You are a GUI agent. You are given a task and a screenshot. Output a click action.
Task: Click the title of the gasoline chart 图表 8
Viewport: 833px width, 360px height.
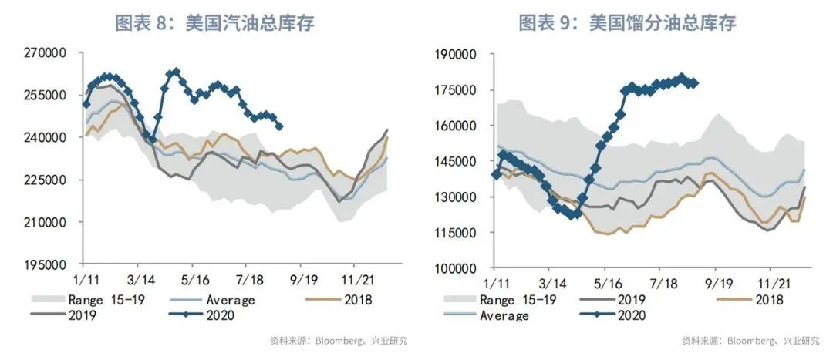(x=214, y=24)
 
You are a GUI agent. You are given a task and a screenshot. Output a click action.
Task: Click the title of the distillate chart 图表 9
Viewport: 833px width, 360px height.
(x=627, y=24)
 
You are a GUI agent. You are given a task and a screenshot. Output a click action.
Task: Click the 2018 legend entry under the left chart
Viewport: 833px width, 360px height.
(x=357, y=299)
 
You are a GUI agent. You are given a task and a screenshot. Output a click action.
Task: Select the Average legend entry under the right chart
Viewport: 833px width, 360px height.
(x=505, y=315)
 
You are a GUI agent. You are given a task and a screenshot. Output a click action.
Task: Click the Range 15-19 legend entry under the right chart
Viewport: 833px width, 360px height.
(x=517, y=300)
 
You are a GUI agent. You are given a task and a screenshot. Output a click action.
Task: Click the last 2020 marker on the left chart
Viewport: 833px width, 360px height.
(x=279, y=126)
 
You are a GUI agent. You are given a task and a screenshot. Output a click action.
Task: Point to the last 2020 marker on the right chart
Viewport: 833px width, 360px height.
(x=695, y=83)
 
